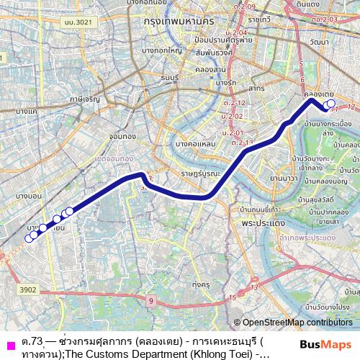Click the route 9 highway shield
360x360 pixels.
coord(150,300)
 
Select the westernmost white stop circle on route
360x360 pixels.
coord(30,239)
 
